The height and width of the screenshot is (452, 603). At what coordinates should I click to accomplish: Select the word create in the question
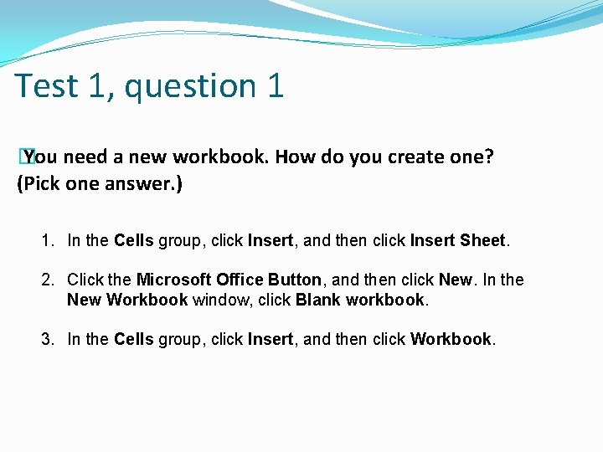(416, 157)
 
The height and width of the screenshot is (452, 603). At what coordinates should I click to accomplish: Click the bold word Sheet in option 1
(482, 241)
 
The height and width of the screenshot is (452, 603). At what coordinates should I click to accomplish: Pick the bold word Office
(240, 280)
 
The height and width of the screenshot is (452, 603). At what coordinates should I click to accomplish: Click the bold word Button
(294, 280)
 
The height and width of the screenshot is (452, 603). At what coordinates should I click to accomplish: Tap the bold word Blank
(317, 300)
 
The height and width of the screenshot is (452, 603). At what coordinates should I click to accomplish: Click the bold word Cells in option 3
(133, 339)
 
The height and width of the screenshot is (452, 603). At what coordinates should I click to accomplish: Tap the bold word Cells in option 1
(133, 241)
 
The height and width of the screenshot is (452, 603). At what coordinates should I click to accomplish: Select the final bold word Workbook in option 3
(451, 339)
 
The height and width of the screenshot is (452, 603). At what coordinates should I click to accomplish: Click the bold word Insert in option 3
(271, 339)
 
